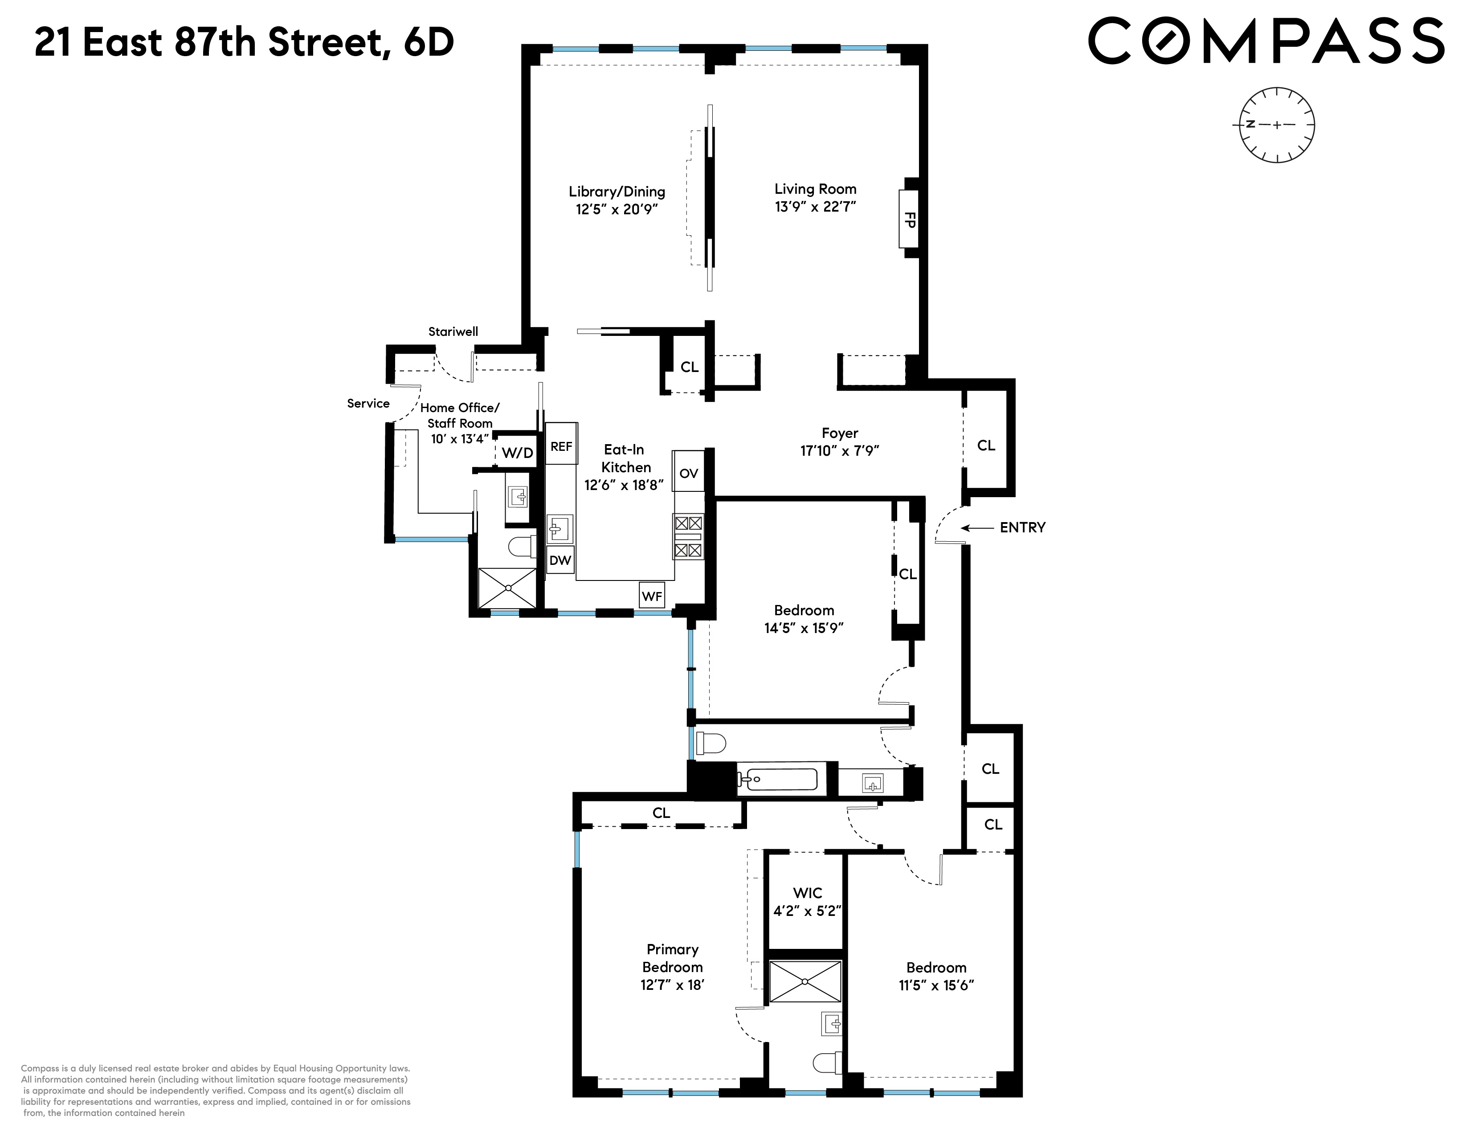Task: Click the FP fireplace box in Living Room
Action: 909,219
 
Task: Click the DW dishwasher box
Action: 560,559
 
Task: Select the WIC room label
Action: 807,893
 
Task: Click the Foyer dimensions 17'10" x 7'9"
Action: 839,451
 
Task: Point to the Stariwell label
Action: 453,332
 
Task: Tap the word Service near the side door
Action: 368,404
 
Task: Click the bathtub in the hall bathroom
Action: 777,779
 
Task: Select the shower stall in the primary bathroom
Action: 805,981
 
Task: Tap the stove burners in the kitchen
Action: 688,536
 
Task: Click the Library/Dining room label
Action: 617,192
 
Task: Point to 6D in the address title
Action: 429,42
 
